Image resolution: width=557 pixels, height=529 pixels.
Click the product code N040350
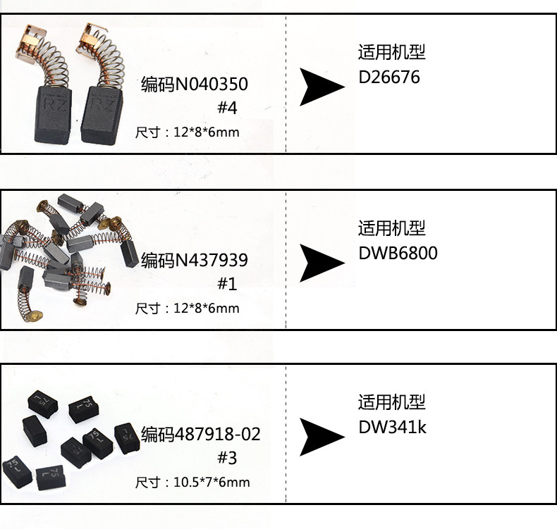point(195,85)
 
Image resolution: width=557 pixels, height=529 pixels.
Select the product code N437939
point(195,261)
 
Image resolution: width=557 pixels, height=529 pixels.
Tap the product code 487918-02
point(201,434)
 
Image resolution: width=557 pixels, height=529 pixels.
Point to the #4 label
point(227,109)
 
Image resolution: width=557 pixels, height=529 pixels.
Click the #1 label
point(227,285)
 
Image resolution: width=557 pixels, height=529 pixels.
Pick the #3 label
point(227,458)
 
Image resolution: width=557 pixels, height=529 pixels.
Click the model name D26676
point(388,77)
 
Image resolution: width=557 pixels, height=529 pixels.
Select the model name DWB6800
point(398,253)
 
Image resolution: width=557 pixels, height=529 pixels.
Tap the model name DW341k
point(392,428)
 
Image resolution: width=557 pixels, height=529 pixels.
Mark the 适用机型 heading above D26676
point(391,53)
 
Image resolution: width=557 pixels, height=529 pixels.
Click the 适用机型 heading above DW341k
point(391,403)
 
